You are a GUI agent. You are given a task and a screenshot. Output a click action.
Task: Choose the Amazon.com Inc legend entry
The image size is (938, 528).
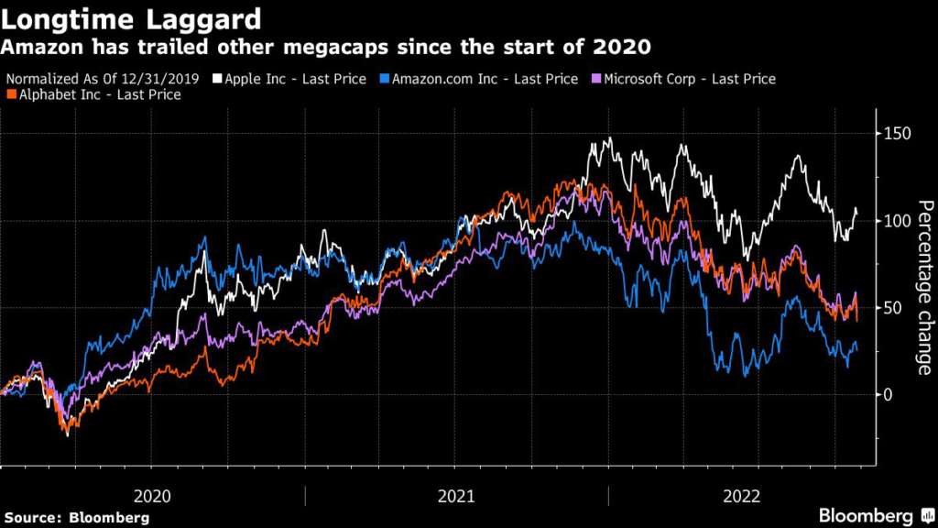(x=485, y=79)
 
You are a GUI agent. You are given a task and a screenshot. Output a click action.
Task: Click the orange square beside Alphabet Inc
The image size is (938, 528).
(x=10, y=94)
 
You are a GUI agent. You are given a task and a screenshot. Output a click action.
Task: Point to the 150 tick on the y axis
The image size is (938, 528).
(x=896, y=134)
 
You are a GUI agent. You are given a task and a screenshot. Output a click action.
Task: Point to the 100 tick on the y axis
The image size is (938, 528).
(x=896, y=221)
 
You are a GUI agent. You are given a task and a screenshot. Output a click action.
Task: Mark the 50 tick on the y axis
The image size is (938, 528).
(x=892, y=308)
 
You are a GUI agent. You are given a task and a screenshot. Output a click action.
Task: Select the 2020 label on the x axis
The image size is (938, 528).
(x=152, y=496)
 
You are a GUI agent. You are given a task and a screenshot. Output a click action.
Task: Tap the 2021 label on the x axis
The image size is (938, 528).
(x=456, y=496)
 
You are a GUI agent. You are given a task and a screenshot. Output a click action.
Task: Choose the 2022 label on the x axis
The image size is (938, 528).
(x=743, y=496)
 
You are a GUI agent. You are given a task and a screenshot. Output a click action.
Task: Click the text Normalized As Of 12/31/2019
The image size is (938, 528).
(x=103, y=79)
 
